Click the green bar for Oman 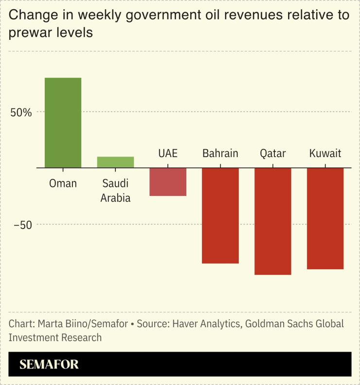click(x=63, y=122)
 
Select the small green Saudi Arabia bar click(x=115, y=162)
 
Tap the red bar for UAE click(x=168, y=182)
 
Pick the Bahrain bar click(x=220, y=215)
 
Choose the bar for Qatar click(x=273, y=221)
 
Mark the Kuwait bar click(x=325, y=218)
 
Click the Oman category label click(x=63, y=184)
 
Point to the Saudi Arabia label click(x=115, y=191)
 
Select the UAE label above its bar click(x=168, y=154)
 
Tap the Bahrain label click(x=220, y=154)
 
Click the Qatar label click(x=273, y=154)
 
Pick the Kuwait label click(x=325, y=154)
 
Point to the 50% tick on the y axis click(x=21, y=112)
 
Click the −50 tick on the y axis click(x=23, y=225)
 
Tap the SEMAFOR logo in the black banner click(x=49, y=365)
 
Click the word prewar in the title click(x=29, y=34)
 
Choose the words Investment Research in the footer click(x=55, y=337)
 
